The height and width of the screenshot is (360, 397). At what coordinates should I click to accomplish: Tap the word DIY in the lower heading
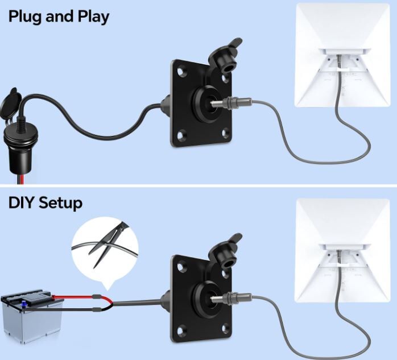click(x=21, y=203)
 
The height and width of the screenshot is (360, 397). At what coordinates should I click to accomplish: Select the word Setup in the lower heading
click(x=60, y=204)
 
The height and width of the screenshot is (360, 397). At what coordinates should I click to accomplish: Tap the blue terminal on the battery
click(x=24, y=304)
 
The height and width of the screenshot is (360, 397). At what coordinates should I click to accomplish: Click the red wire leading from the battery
click(x=81, y=297)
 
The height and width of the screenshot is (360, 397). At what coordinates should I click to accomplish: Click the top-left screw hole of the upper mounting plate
click(x=181, y=72)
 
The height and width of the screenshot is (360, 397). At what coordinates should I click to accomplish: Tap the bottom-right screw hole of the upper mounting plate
click(x=225, y=133)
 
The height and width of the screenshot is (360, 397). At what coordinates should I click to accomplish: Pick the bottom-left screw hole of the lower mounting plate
click(x=181, y=330)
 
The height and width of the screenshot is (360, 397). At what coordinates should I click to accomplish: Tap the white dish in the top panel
click(x=342, y=55)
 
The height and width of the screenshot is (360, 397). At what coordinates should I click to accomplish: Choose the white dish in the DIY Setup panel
click(x=342, y=250)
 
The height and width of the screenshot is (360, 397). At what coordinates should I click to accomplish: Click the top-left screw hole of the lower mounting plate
click(x=181, y=267)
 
